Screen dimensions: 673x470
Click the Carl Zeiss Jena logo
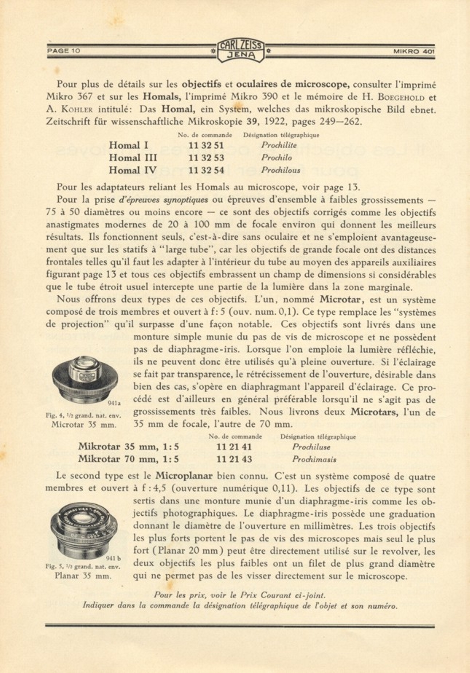(240, 51)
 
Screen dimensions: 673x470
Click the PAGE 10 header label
(63, 51)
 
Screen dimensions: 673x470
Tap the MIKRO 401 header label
(414, 51)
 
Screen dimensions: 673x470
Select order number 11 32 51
(206, 145)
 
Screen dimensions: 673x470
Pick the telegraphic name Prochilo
(276, 158)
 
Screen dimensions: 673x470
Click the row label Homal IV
(133, 170)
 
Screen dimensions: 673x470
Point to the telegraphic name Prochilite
(279, 145)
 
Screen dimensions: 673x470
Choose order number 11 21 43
(234, 459)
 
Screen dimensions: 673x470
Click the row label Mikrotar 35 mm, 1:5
(128, 447)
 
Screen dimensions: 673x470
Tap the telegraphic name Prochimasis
(314, 459)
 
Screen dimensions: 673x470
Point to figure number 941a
(114, 403)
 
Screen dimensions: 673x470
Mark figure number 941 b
(114, 558)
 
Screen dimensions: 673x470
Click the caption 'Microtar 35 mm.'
(84, 425)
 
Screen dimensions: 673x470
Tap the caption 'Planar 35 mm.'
(83, 576)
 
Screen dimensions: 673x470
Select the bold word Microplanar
(184, 476)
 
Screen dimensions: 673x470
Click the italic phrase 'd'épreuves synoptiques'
(164, 200)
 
